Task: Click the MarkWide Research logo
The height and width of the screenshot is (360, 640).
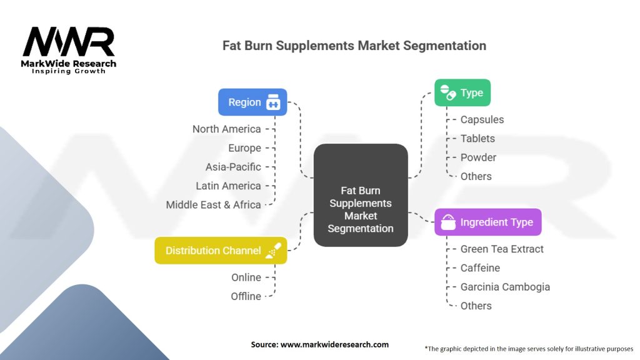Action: tap(69, 50)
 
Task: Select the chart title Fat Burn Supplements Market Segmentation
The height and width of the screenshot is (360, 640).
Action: tap(354, 46)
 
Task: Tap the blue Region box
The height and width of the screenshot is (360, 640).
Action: tap(252, 102)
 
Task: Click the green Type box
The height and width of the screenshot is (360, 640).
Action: tap(462, 92)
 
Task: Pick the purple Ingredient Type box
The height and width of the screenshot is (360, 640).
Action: tap(487, 222)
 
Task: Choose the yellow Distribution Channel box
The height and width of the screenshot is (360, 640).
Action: tap(221, 251)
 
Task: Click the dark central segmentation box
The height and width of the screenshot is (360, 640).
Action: tap(361, 194)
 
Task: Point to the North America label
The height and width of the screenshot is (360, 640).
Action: tap(226, 129)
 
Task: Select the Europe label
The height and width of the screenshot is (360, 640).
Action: tap(244, 148)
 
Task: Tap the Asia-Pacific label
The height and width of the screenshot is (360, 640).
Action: tap(233, 167)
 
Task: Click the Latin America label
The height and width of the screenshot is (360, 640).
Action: tap(228, 186)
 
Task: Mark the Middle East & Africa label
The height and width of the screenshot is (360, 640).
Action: tap(213, 204)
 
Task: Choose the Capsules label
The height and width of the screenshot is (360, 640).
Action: tap(482, 119)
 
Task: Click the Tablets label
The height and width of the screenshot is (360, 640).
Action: tap(477, 138)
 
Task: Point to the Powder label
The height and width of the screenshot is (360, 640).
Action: tap(478, 157)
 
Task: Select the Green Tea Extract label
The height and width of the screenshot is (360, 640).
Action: tap(502, 249)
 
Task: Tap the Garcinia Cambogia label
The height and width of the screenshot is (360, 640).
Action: tap(505, 287)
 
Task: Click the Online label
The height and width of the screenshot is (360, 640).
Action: tap(246, 277)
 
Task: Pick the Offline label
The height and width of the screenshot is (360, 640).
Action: tap(246, 296)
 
